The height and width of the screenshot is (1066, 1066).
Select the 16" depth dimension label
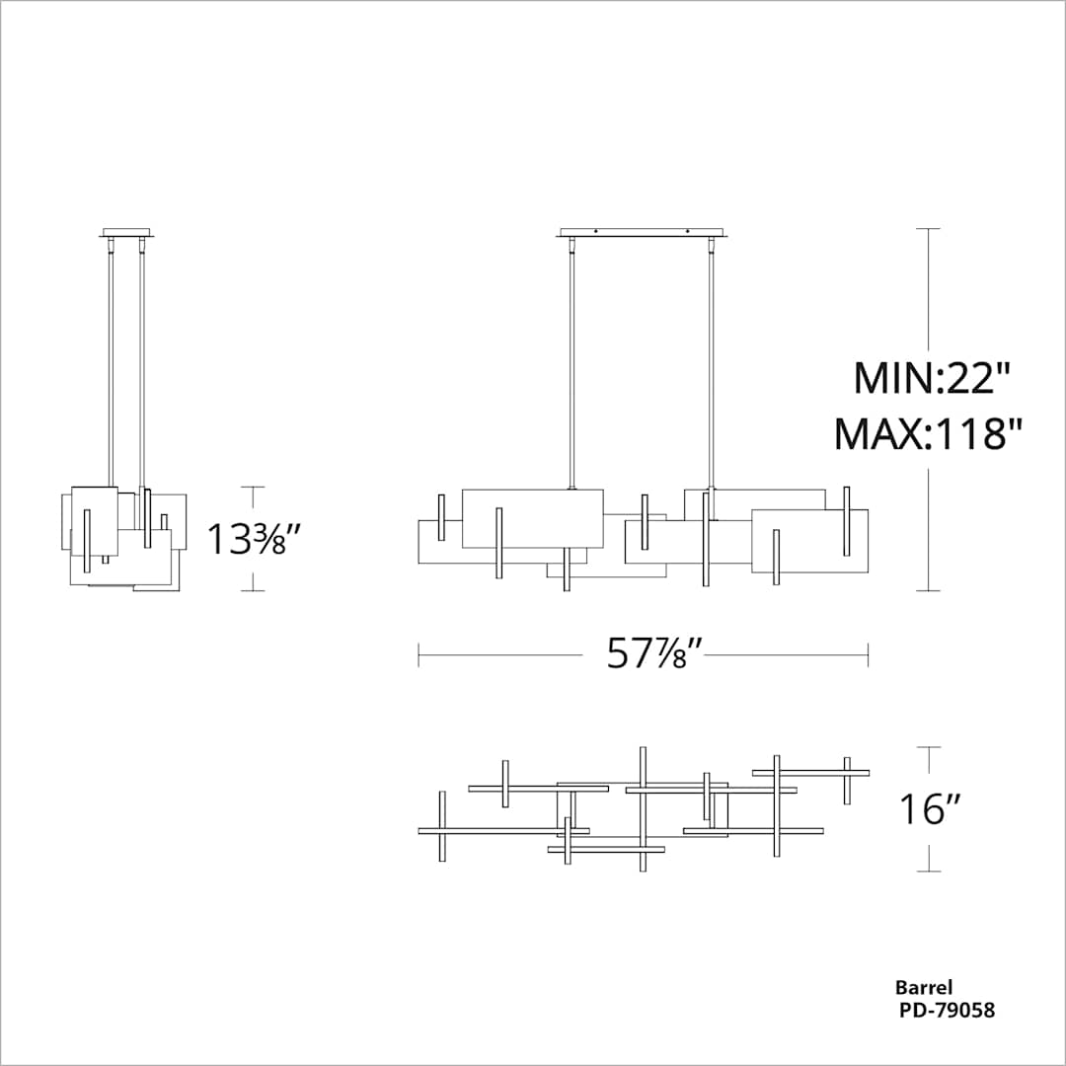(x=930, y=809)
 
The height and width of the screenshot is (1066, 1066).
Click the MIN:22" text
(x=933, y=378)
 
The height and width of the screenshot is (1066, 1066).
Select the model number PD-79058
(x=946, y=1010)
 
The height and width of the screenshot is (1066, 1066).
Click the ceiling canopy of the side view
(x=127, y=234)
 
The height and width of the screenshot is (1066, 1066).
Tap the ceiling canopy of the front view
(x=642, y=234)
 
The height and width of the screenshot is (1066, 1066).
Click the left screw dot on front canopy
(x=595, y=232)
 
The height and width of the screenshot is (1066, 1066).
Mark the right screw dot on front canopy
(x=687, y=232)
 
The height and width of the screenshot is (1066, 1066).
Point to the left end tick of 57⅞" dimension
(x=419, y=654)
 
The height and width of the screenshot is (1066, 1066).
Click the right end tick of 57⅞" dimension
(x=868, y=654)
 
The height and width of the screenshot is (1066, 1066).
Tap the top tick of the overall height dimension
(x=927, y=229)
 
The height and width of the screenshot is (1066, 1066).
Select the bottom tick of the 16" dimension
(x=927, y=873)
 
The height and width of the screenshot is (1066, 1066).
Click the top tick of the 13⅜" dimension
(x=253, y=487)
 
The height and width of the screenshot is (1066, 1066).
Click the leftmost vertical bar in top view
(x=442, y=826)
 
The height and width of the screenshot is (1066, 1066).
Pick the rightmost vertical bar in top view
(x=847, y=780)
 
